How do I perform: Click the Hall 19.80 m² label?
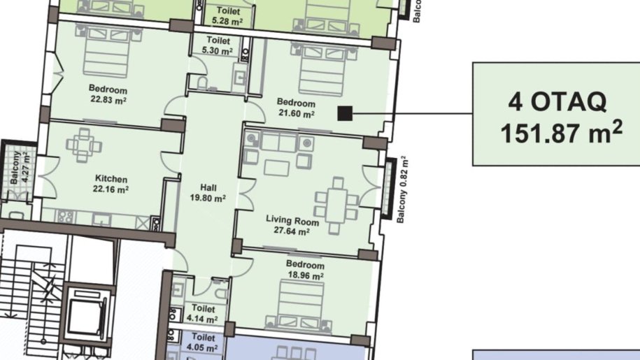pyautogui.click(x=208, y=193)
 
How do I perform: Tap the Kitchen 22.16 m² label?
pyautogui.click(x=111, y=184)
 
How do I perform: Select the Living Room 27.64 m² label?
pyautogui.click(x=292, y=226)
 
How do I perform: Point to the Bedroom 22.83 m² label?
pyautogui.click(x=108, y=94)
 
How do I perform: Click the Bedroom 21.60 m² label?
pyautogui.click(x=297, y=108)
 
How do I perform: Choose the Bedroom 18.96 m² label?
pyautogui.click(x=306, y=270)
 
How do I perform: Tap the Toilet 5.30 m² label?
pyautogui.click(x=218, y=45)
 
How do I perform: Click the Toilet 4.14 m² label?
pyautogui.click(x=203, y=314)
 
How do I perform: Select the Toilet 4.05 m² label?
pyautogui.click(x=203, y=343)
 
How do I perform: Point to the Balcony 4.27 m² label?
pyautogui.click(x=19, y=168)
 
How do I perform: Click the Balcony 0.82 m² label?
pyautogui.click(x=402, y=189)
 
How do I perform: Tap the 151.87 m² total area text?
pyautogui.click(x=561, y=132)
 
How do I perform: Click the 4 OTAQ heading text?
pyautogui.click(x=557, y=101)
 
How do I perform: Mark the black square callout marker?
pyautogui.click(x=345, y=113)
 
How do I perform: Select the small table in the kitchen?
pyautogui.click(x=85, y=145)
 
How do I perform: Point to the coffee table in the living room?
pyautogui.click(x=277, y=168)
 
